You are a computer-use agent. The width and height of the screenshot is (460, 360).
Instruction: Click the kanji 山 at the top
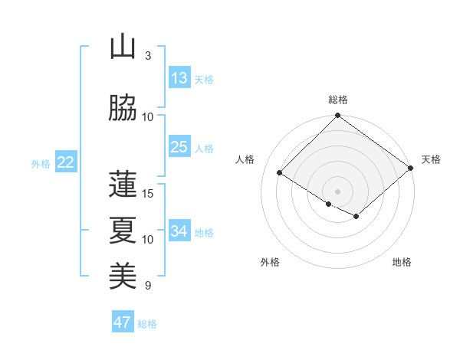123,47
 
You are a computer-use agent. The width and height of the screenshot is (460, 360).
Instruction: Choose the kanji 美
123,275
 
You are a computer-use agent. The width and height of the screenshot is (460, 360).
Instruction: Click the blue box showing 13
179,78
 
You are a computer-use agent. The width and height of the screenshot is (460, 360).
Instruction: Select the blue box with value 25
179,147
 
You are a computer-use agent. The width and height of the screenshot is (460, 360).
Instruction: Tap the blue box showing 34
179,231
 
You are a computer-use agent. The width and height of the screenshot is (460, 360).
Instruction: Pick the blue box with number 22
65,162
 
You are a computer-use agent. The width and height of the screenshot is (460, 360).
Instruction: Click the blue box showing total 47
123,322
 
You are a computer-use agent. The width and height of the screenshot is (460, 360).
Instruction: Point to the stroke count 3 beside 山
148,56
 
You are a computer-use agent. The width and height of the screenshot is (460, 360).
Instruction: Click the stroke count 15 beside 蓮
148,193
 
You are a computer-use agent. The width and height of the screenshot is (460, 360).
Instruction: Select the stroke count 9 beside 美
148,286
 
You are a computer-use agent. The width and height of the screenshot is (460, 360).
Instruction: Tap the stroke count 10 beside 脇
148,116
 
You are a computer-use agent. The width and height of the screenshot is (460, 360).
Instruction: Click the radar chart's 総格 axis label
338,100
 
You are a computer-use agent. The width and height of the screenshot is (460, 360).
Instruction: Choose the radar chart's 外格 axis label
270,262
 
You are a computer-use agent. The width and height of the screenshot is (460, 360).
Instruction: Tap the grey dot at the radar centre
337,191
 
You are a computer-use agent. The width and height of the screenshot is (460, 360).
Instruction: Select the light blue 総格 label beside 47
147,324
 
